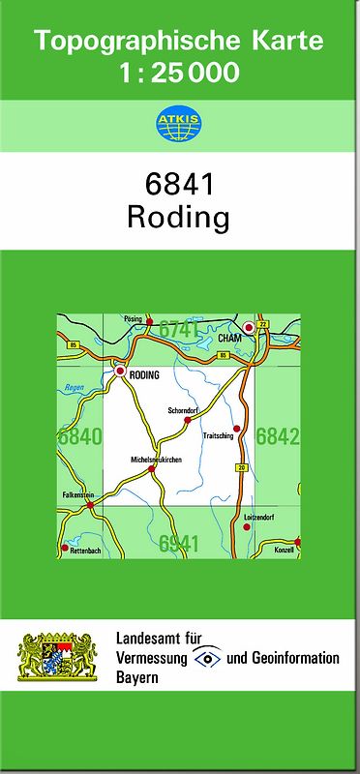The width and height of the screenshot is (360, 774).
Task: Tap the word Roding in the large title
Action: pyautogui.click(x=178, y=218)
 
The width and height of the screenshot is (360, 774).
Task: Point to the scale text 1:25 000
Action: pyautogui.click(x=179, y=71)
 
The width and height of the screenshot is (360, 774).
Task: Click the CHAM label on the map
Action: pyautogui.click(x=229, y=339)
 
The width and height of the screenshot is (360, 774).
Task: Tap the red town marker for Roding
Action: pyautogui.click(x=120, y=371)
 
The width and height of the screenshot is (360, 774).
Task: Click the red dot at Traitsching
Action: pyautogui.click(x=236, y=428)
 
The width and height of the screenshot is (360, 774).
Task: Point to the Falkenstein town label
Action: pyautogui.click(x=79, y=493)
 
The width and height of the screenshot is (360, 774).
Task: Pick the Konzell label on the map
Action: pyautogui.click(x=284, y=550)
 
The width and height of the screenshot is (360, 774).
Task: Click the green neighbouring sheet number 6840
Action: pyautogui.click(x=79, y=436)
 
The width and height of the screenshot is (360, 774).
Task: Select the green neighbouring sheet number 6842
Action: pyautogui.click(x=278, y=436)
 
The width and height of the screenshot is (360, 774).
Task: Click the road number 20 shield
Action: pyautogui.click(x=240, y=467)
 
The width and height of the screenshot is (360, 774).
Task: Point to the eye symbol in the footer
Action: pyautogui.click(x=205, y=658)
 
